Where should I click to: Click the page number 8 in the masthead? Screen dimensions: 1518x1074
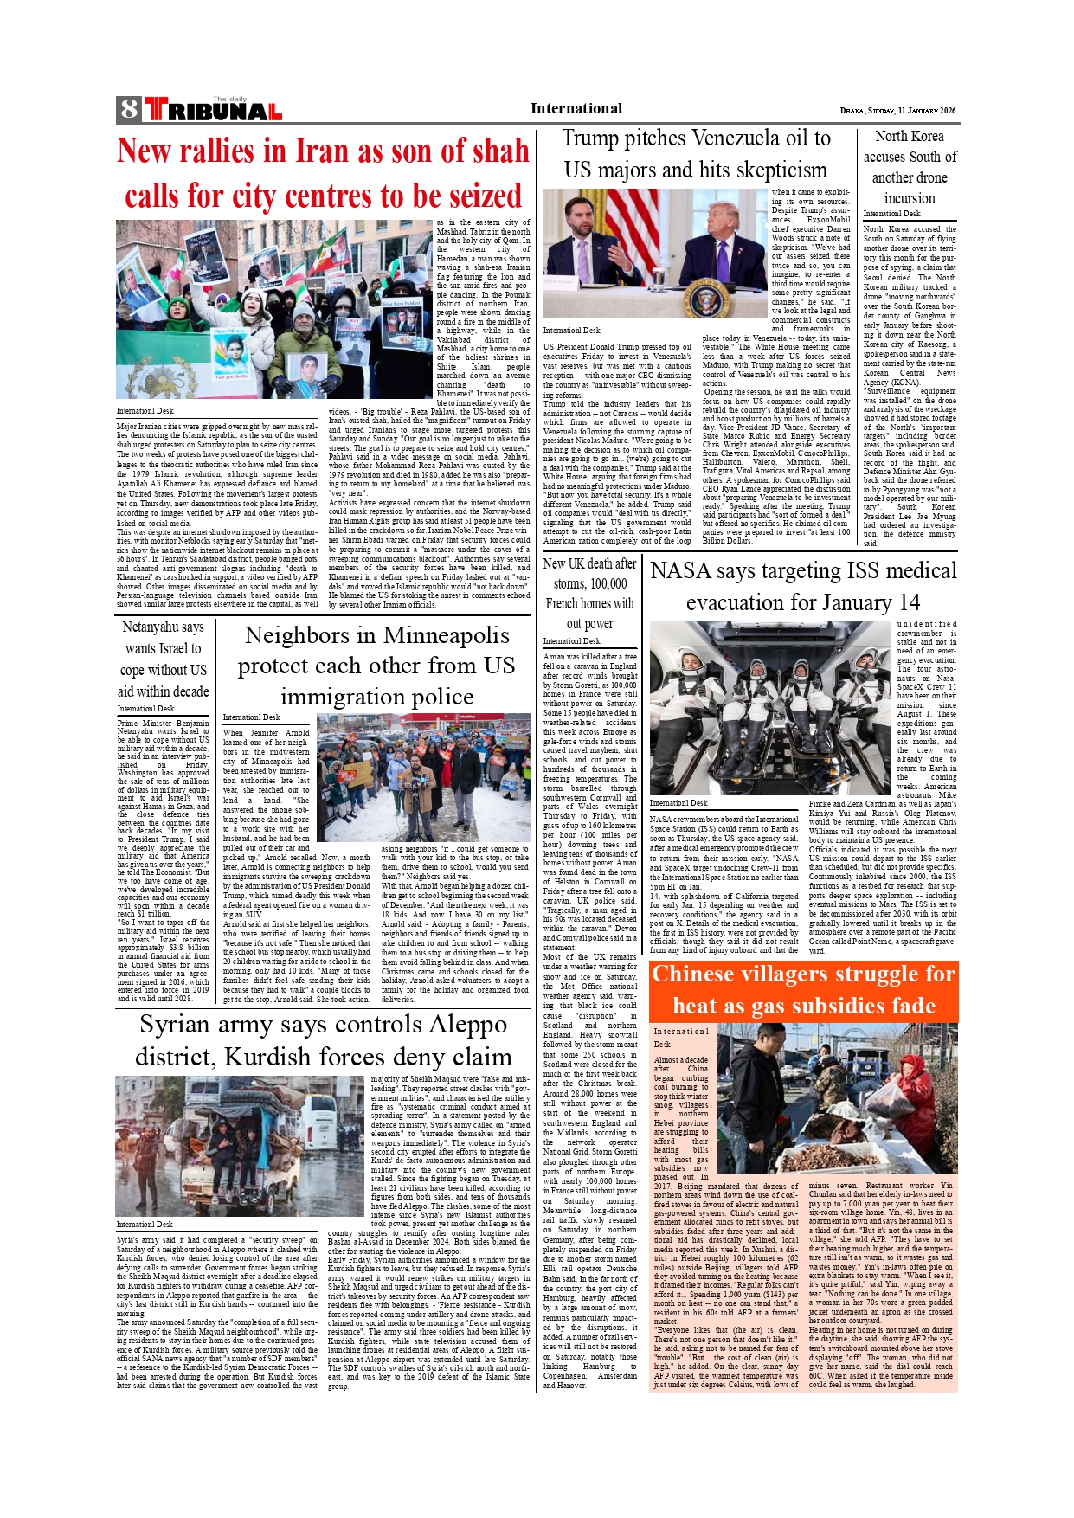click(x=129, y=109)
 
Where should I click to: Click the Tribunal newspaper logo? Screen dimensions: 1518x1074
click(x=213, y=110)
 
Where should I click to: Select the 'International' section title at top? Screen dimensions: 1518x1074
click(x=576, y=108)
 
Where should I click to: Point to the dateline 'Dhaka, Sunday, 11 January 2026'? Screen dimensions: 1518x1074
click(x=897, y=111)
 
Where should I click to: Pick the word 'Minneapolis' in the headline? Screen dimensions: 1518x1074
click(x=443, y=635)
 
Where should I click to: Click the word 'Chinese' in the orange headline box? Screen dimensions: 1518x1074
click(x=704, y=974)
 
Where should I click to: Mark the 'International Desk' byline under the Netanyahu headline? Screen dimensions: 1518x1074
click(x=146, y=708)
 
